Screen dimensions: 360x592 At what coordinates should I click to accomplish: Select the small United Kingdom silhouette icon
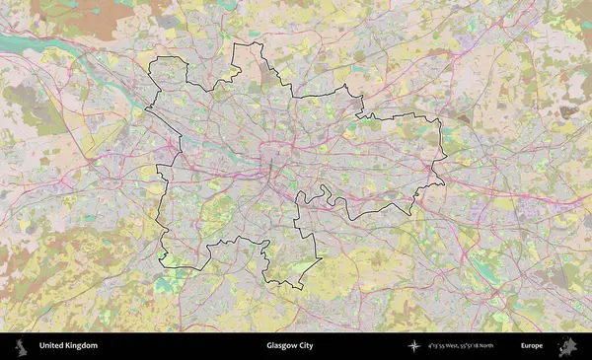click(x=19, y=346)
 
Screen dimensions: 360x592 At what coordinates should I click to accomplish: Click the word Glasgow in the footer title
click(x=281, y=346)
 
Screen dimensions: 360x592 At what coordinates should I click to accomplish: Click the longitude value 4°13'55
click(x=437, y=346)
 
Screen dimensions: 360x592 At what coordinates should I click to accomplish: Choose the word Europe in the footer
click(x=532, y=346)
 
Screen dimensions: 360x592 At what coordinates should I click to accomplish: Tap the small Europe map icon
click(x=567, y=346)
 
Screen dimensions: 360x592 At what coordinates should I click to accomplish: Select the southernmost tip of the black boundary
click(x=298, y=288)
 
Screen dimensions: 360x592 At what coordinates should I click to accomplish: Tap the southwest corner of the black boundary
click(x=163, y=264)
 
